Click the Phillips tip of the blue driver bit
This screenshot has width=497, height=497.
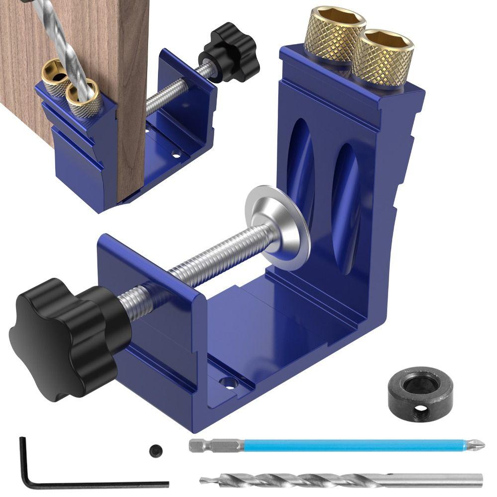pos(479,444)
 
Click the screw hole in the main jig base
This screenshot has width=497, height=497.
pos(228,383)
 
